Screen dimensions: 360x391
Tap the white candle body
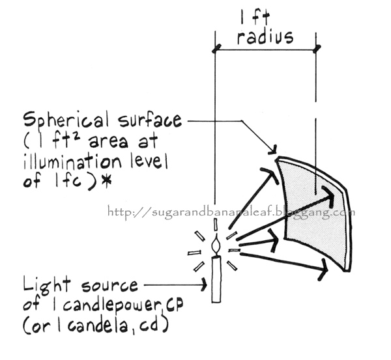pyautogui.click(x=216, y=279)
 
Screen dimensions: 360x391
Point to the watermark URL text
pyautogui.click(x=231, y=212)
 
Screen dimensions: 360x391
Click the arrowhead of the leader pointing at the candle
pyautogui.click(x=200, y=285)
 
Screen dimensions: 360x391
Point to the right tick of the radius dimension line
pyautogui.click(x=317, y=48)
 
